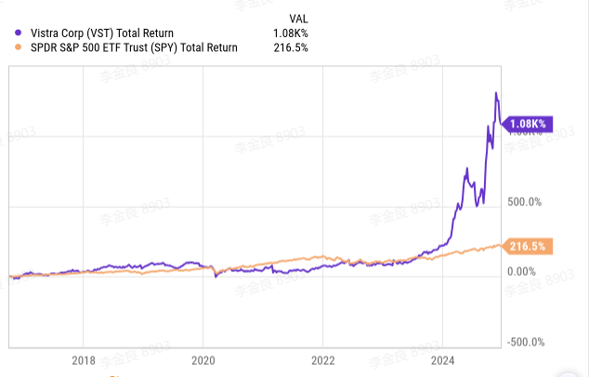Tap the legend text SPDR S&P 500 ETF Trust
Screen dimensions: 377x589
[98, 47]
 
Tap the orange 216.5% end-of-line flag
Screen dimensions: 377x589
[530, 246]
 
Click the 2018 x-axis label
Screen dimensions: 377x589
[84, 360]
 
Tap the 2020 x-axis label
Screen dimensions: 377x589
[203, 360]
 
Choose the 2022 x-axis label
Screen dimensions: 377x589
[323, 360]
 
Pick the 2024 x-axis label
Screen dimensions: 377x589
[442, 360]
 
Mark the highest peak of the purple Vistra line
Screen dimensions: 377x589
[496, 93]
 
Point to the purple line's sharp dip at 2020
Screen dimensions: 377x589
[216, 276]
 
